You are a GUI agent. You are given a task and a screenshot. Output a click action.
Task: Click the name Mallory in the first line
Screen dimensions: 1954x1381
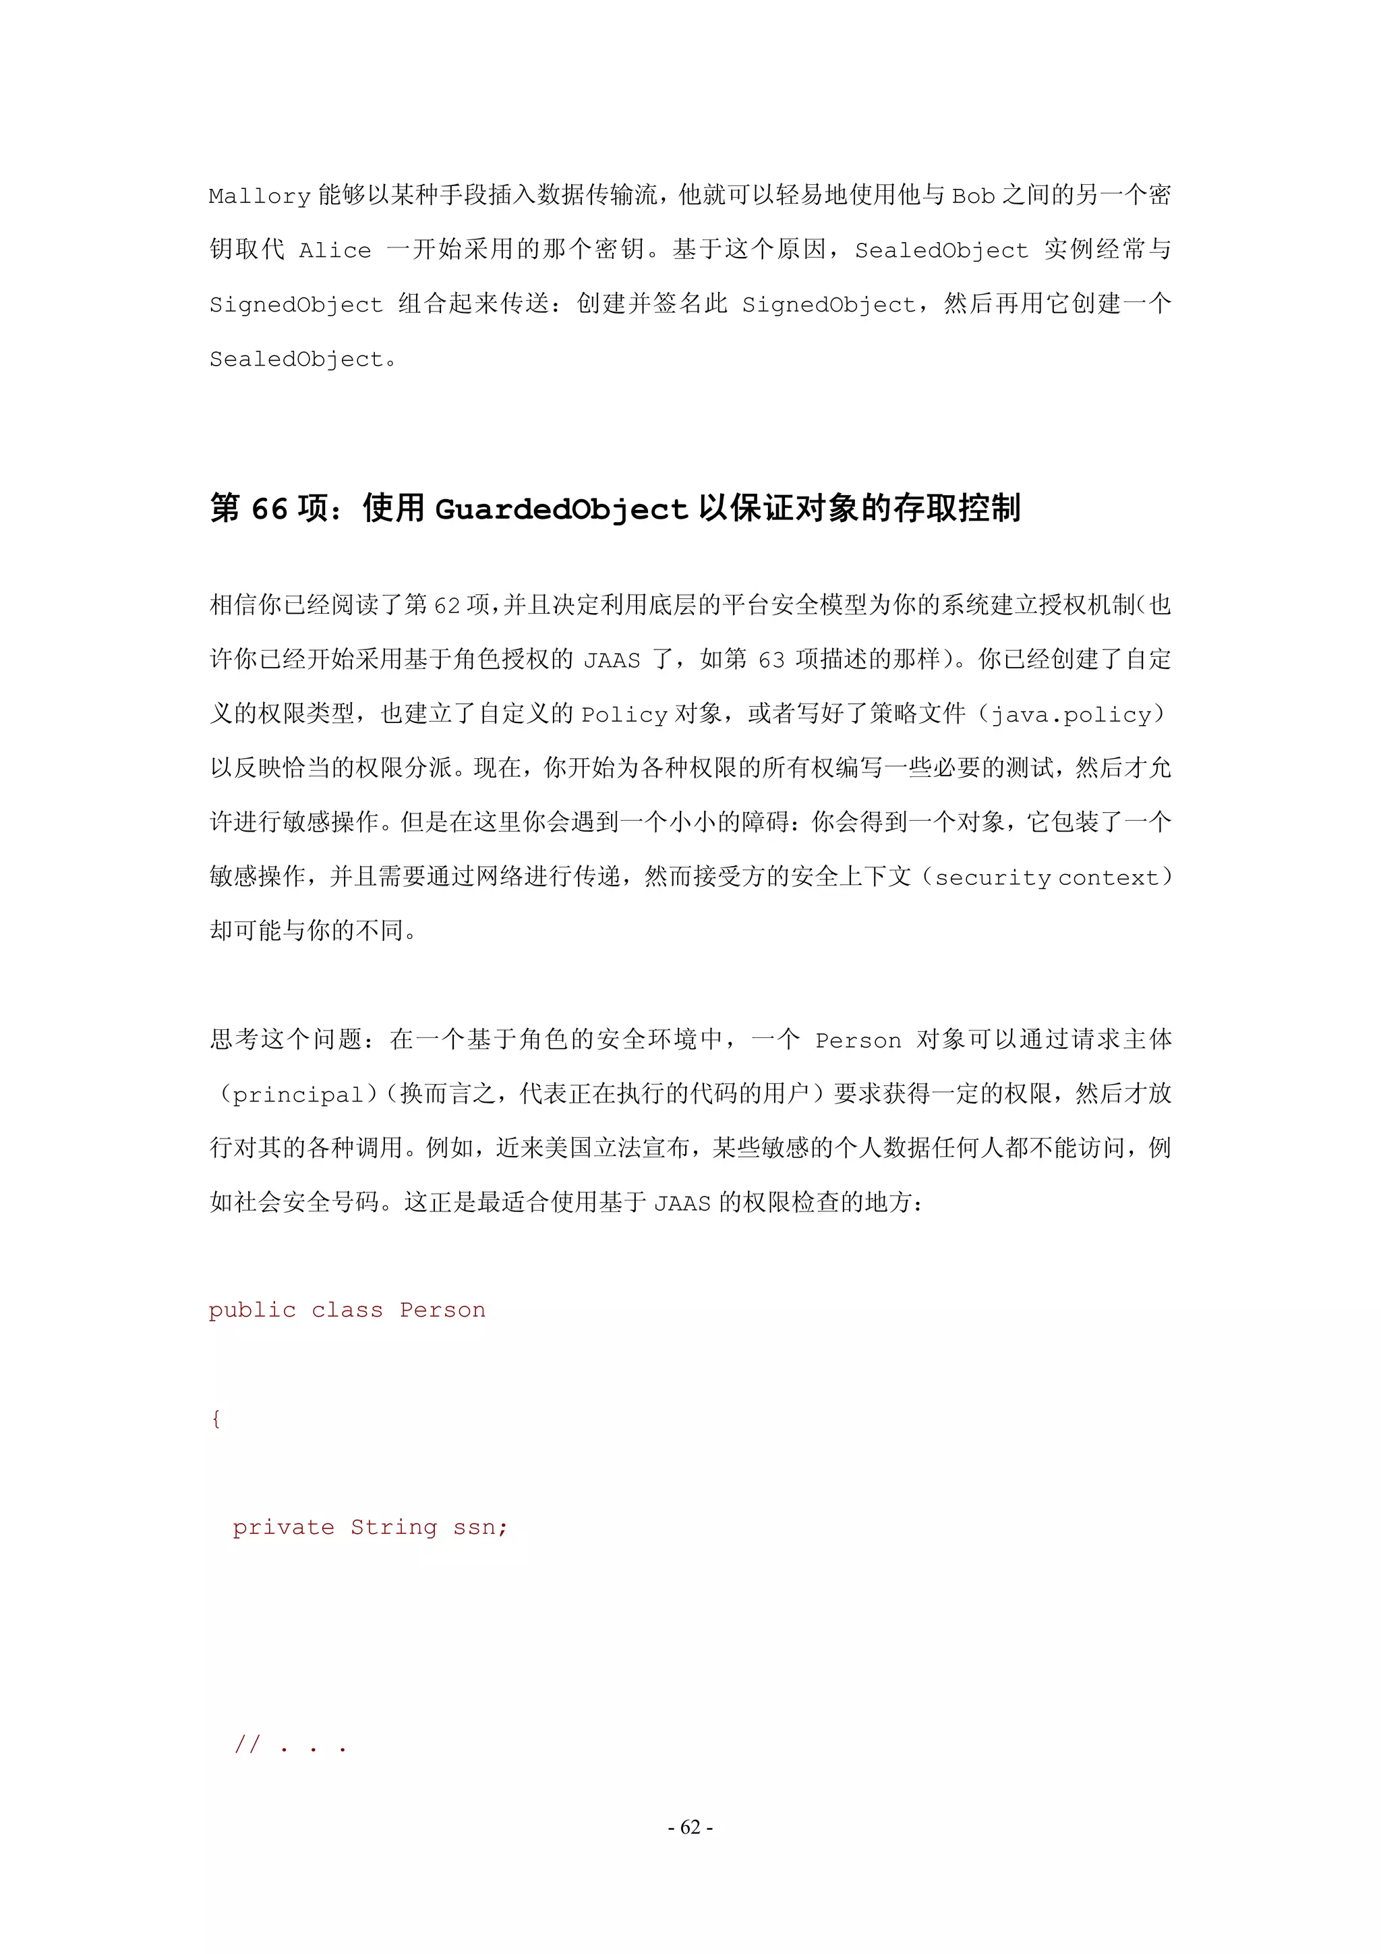[x=260, y=196]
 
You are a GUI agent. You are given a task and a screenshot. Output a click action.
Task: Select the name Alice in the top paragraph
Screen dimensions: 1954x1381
[x=335, y=251]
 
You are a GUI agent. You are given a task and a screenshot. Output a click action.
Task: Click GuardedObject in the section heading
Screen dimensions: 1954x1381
[x=561, y=509]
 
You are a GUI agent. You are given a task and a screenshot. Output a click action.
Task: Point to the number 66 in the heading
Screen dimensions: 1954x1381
[x=269, y=509]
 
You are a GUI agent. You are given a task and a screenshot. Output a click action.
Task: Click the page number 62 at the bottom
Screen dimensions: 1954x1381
[x=690, y=1827]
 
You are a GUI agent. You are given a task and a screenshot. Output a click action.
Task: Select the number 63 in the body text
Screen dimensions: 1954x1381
[x=771, y=660]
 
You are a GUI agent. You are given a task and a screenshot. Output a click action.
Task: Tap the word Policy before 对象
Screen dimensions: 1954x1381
[x=624, y=715]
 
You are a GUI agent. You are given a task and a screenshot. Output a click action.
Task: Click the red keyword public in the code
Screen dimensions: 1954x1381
[x=253, y=1311]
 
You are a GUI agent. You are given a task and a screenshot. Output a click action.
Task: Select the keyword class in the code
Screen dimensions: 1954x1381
[x=347, y=1311]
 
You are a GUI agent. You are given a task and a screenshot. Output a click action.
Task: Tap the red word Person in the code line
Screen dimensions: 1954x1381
[x=442, y=1311]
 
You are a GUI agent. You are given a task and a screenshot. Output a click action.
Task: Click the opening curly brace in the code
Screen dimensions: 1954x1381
[x=216, y=1418]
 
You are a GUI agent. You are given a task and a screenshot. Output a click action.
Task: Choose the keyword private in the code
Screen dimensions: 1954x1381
[x=283, y=1528]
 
